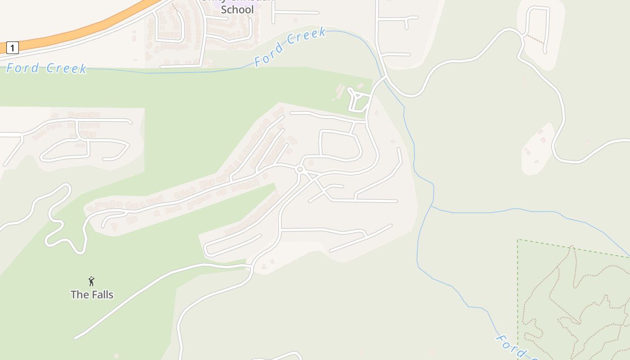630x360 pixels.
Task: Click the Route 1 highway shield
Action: click(12, 48)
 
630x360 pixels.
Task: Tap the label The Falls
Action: click(92, 295)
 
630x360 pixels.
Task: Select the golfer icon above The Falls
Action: click(91, 281)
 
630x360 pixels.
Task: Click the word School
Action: click(237, 9)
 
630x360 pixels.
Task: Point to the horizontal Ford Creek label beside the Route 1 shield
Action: click(46, 68)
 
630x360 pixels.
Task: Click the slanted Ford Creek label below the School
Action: click(290, 47)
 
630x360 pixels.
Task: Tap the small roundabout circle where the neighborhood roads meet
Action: click(300, 170)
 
